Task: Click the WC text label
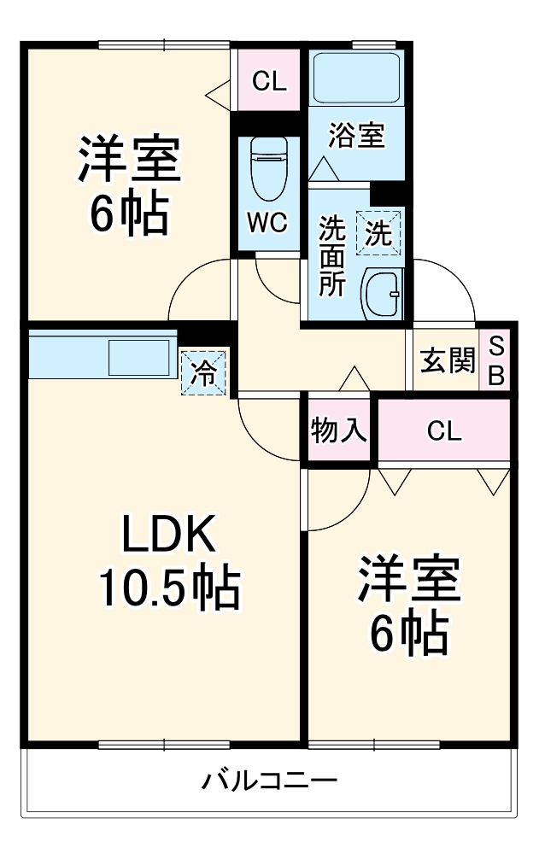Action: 267,223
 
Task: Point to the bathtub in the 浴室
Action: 355,79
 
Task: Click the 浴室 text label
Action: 356,136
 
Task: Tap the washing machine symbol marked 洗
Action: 378,232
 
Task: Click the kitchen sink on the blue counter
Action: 139,356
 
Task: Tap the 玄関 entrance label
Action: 447,361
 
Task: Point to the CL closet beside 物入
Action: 444,431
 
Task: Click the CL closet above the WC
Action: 268,82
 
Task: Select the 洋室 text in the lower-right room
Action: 409,582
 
